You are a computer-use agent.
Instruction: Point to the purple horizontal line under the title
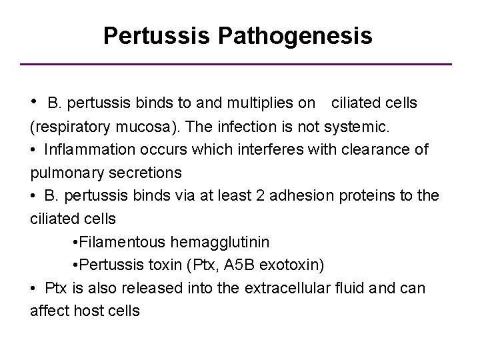240,64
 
